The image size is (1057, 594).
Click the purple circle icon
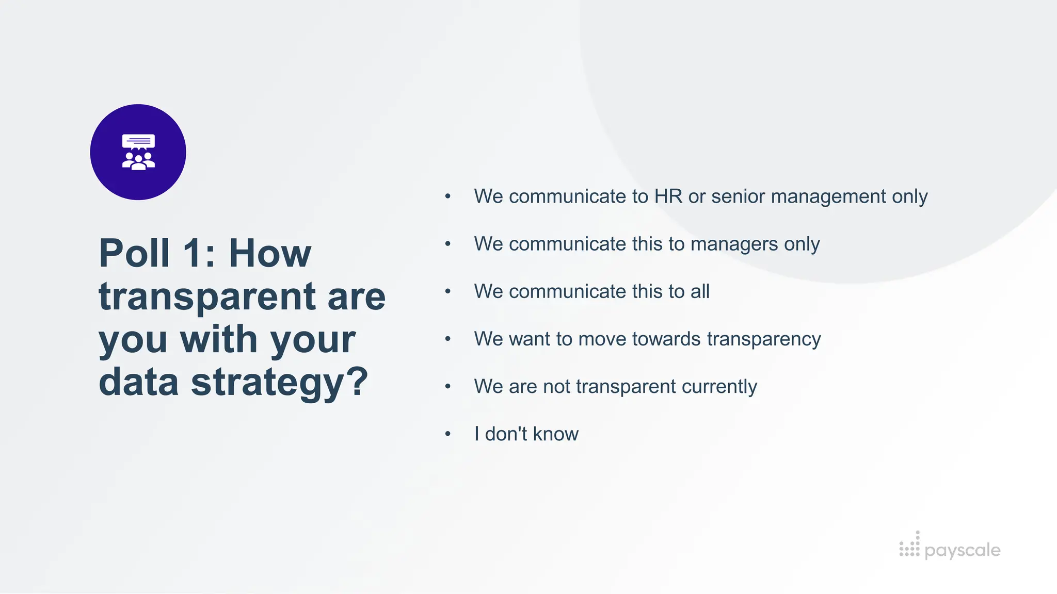pos(138,152)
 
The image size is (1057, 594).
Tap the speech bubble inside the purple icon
pos(138,141)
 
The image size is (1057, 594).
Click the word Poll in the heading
pos(134,253)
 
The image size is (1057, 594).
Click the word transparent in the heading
pos(207,296)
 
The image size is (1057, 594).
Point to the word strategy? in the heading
pos(279,383)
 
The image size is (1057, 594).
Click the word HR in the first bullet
pos(668,196)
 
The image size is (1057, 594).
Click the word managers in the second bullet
pos(734,244)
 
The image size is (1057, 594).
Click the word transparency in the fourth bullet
pos(764,339)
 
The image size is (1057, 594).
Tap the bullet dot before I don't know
pos(448,434)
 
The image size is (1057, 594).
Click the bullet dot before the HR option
pos(448,196)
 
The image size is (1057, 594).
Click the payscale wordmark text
pos(962,550)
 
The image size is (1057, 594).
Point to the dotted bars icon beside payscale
pos(909,545)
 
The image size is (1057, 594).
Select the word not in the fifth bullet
pos(556,387)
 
